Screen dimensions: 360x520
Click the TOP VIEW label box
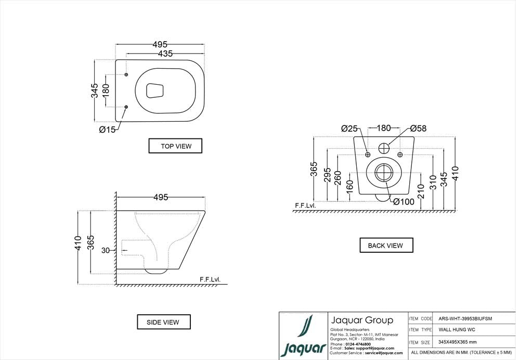(x=175, y=146)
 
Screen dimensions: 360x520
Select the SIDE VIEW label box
(x=164, y=322)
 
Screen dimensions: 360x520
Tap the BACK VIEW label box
(x=386, y=245)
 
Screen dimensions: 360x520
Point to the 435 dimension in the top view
(x=165, y=53)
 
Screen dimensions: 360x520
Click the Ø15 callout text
(x=107, y=130)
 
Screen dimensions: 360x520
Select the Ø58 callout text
(x=418, y=128)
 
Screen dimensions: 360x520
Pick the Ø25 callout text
(x=349, y=128)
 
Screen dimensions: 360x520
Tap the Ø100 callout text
(x=404, y=202)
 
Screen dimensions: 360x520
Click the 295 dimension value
(x=327, y=175)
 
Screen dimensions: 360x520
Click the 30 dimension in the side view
(x=105, y=250)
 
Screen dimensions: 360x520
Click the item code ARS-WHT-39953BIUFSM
(x=465, y=318)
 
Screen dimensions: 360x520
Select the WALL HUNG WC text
(x=457, y=330)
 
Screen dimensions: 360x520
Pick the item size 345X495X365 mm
(x=458, y=342)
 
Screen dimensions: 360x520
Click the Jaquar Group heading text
(x=362, y=320)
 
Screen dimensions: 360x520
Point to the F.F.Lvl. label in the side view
(x=210, y=279)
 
